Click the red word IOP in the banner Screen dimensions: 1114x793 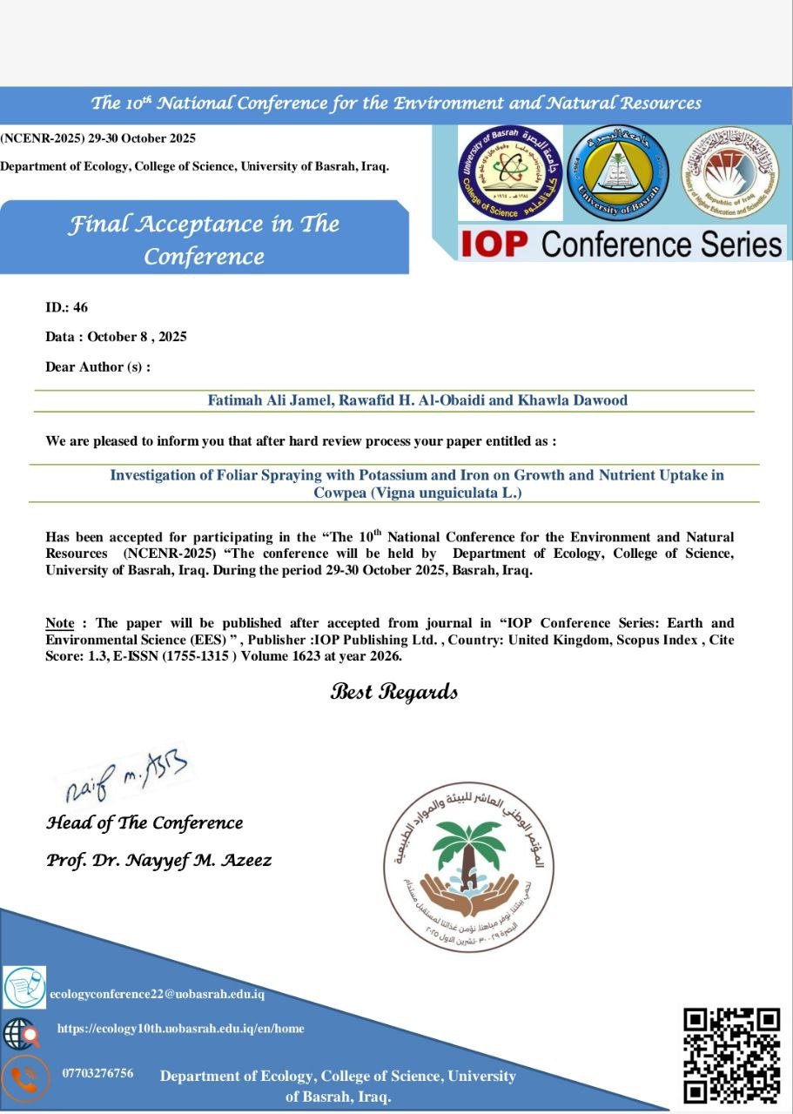pyautogui.click(x=494, y=244)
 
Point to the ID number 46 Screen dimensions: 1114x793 pyautogui.click(x=81, y=307)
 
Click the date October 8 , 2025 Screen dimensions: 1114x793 pyautogui.click(x=137, y=337)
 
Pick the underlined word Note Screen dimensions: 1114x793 pyautogui.click(x=59, y=623)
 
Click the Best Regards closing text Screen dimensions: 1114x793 pyautogui.click(x=393, y=693)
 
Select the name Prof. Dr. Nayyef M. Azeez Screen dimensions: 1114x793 pyautogui.click(x=158, y=861)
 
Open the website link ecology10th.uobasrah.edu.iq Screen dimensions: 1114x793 pyautogui.click(x=180, y=1029)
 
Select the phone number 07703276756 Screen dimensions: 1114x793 pyautogui.click(x=97, y=1073)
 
